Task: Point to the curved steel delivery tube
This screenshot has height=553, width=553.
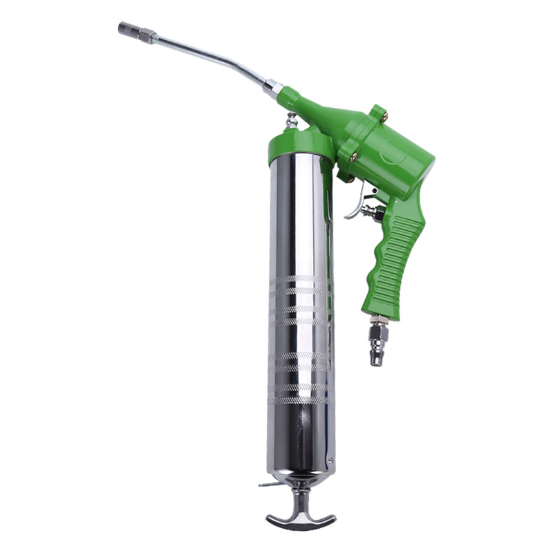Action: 207,56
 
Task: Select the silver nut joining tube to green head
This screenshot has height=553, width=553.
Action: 272,88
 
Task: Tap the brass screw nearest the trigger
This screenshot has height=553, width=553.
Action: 350,179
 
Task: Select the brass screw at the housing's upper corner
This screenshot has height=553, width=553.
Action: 384,117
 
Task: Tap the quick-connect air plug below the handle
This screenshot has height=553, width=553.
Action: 378,346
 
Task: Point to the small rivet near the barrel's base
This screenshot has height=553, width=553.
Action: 330,460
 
